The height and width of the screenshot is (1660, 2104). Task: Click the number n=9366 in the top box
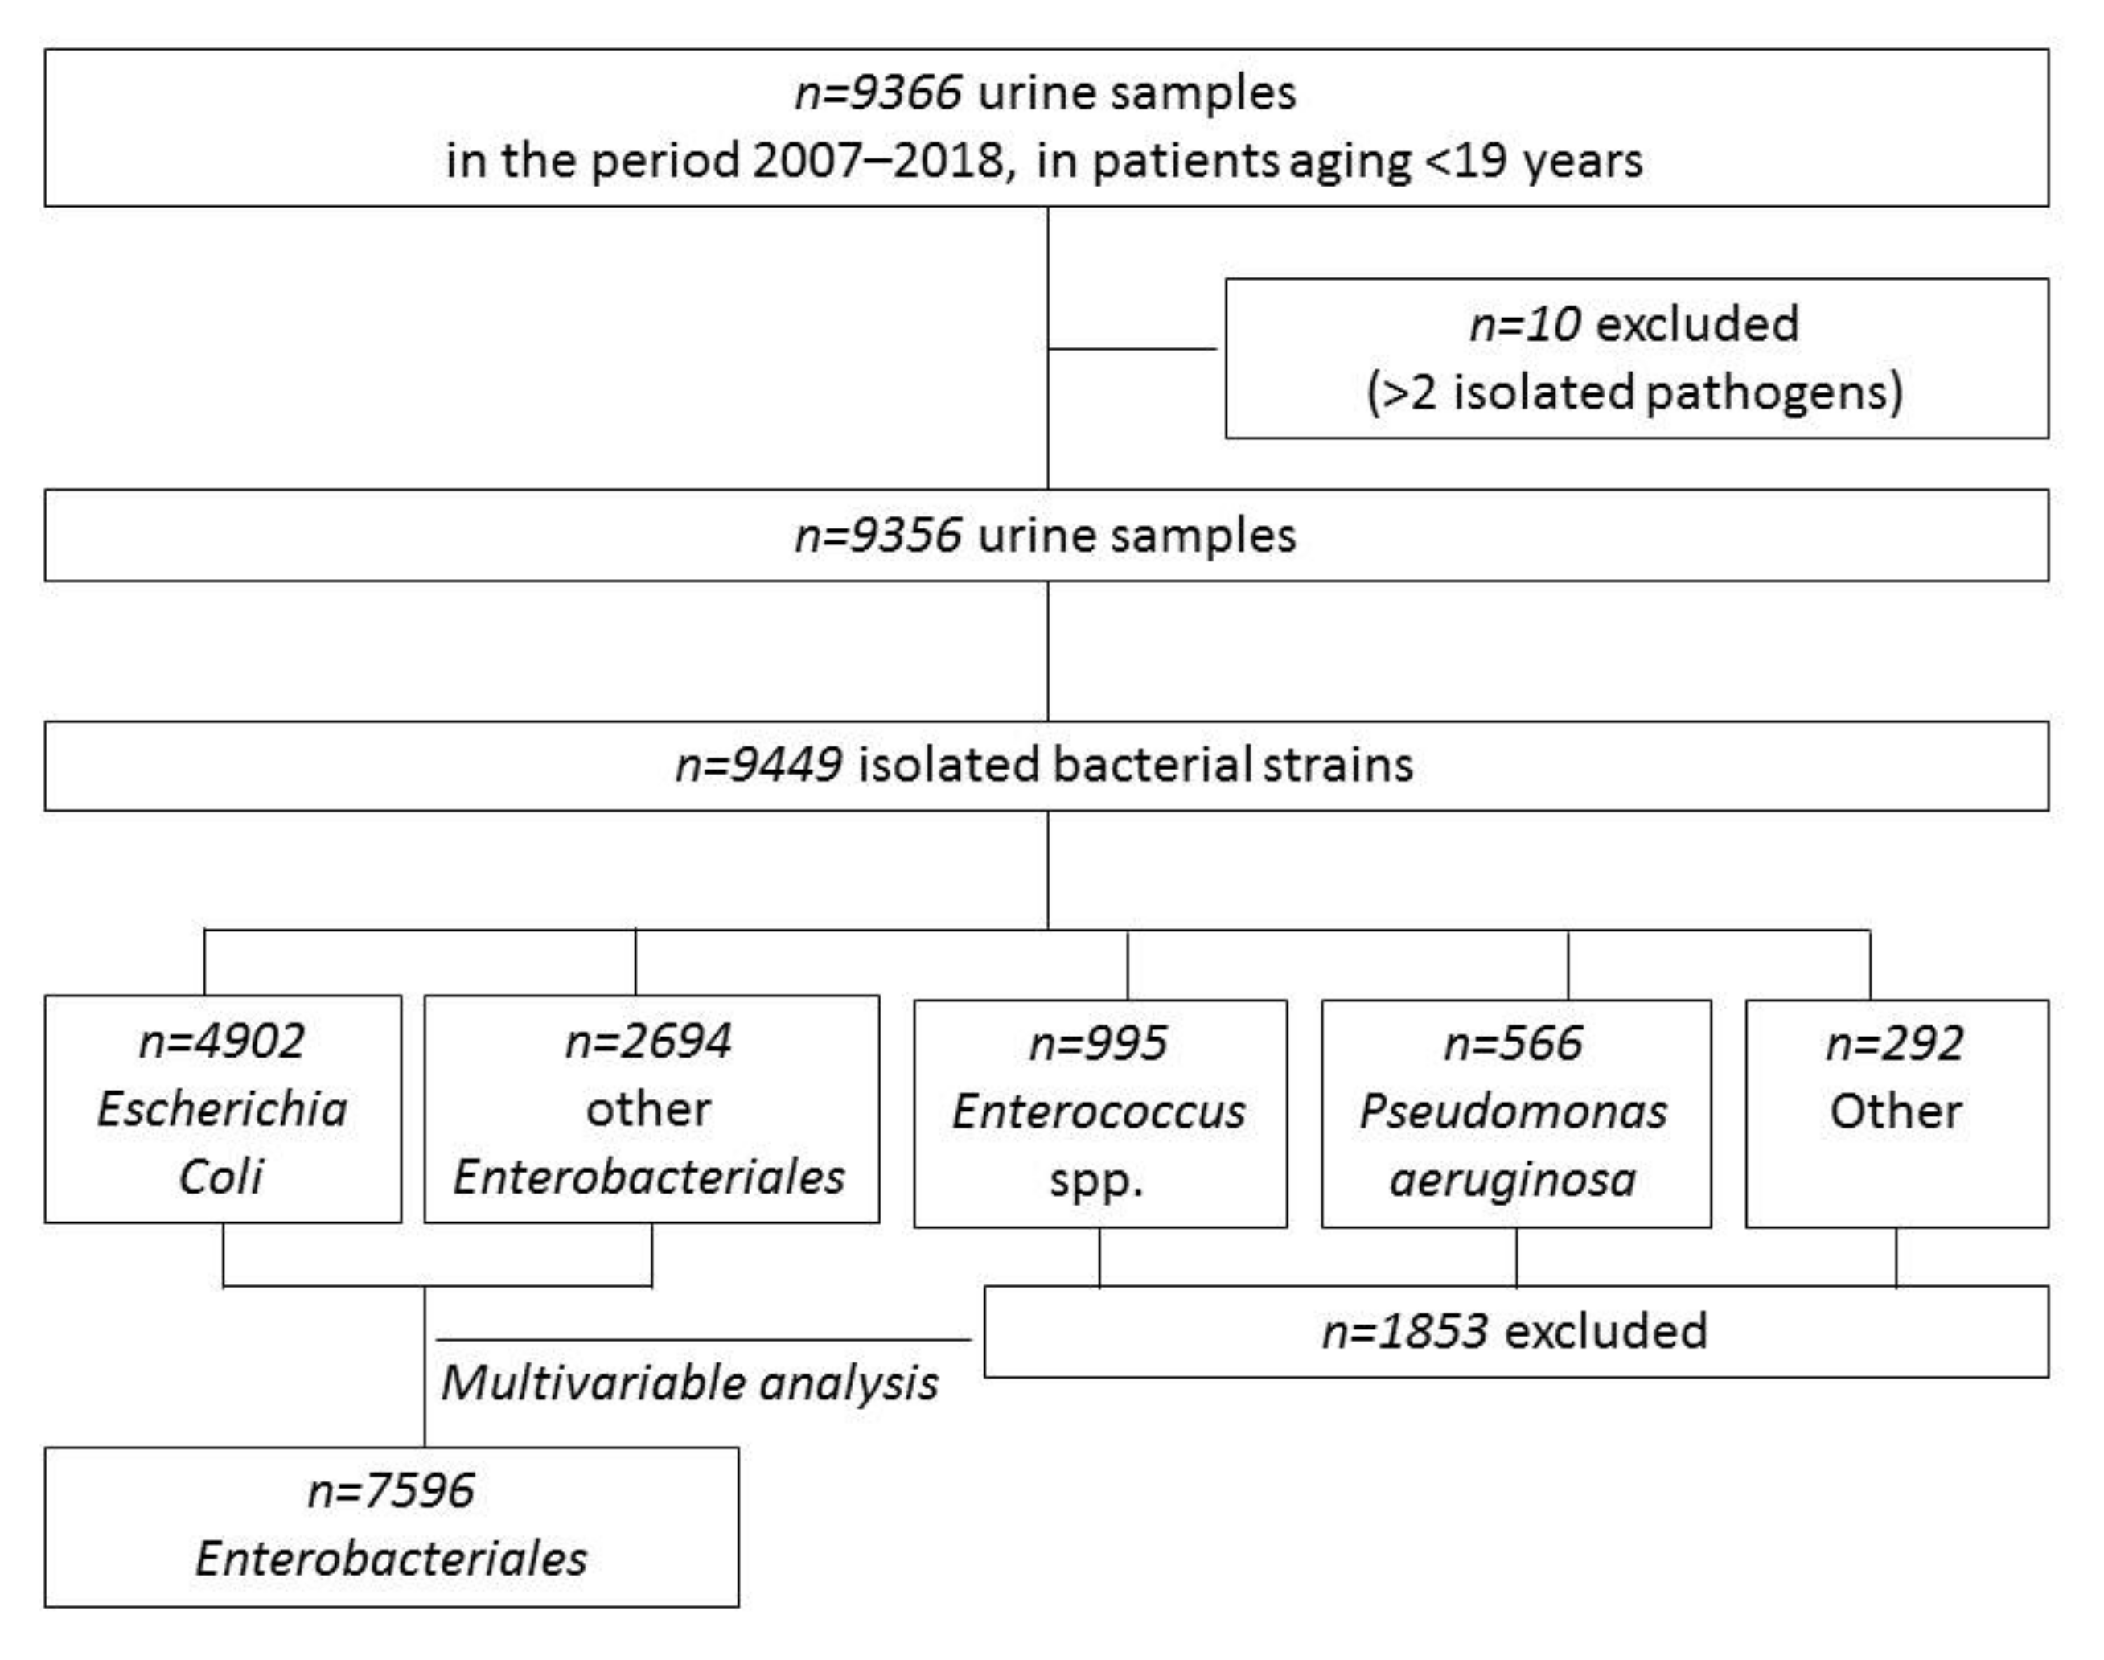(x=877, y=94)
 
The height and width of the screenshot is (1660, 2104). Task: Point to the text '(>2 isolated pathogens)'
(x=1633, y=392)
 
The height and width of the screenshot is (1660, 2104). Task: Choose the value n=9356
(x=877, y=536)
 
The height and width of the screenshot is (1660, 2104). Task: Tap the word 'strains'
(x=1338, y=765)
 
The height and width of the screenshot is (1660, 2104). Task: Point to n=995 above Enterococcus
(x=1097, y=1044)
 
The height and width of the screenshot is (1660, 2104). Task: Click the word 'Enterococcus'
(x=1098, y=1111)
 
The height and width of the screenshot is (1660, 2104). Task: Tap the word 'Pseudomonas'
(x=1512, y=1111)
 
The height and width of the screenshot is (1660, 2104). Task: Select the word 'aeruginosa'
(x=1512, y=1180)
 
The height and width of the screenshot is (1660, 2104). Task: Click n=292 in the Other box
(x=1894, y=1044)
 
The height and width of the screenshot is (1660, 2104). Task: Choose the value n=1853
(x=1404, y=1332)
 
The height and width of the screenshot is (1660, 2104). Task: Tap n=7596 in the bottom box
(x=391, y=1491)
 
